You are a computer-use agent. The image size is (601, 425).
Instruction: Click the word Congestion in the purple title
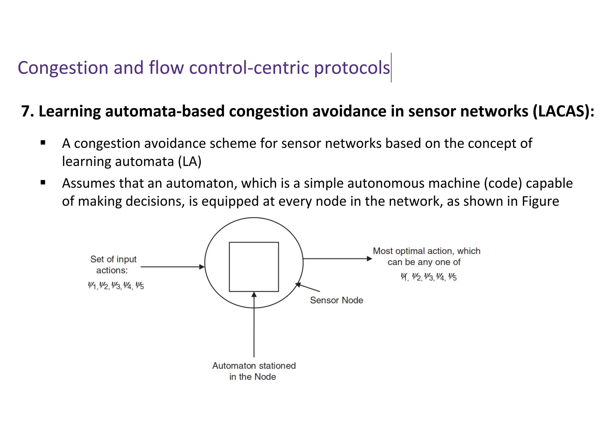click(x=63, y=68)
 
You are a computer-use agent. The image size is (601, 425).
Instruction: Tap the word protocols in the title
click(x=352, y=68)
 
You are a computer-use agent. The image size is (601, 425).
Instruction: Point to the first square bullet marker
click(x=43, y=143)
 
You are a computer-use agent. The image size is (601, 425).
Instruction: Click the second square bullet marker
click(x=43, y=183)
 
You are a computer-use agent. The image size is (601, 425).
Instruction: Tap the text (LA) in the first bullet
click(x=190, y=162)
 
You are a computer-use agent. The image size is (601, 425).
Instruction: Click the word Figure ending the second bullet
click(x=540, y=201)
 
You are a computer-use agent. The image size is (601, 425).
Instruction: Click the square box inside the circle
click(x=254, y=267)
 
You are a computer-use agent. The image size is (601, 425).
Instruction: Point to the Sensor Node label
click(x=336, y=300)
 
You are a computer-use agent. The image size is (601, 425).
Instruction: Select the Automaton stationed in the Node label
click(x=254, y=371)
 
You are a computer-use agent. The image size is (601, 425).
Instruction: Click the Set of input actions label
click(x=113, y=264)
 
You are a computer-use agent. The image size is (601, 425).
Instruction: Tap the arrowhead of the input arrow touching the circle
click(x=202, y=267)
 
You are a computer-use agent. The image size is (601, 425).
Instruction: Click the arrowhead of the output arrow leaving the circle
click(x=369, y=259)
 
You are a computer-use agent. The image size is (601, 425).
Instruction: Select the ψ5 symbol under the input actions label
click(x=139, y=285)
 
